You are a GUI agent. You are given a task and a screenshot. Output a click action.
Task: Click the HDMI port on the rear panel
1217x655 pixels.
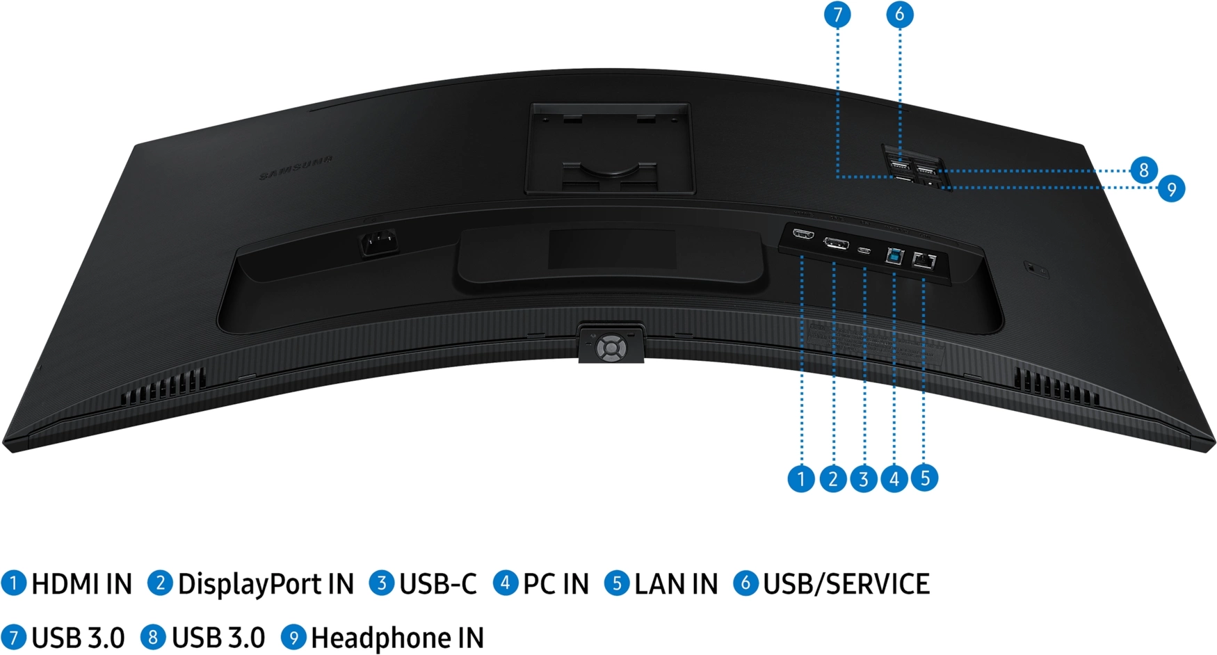click(803, 234)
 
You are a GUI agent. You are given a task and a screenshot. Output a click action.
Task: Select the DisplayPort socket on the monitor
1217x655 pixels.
click(835, 243)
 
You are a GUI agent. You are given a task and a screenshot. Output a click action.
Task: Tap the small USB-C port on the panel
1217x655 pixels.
click(864, 250)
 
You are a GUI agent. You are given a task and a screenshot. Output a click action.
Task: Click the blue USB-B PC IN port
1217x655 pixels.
click(894, 256)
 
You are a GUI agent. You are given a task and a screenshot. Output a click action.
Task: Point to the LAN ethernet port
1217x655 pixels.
click(924, 261)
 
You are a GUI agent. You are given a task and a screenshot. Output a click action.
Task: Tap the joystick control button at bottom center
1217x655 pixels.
click(611, 347)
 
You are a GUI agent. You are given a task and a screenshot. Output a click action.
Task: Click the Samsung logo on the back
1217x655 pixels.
click(296, 167)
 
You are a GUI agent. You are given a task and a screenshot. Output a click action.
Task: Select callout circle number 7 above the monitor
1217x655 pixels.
click(837, 15)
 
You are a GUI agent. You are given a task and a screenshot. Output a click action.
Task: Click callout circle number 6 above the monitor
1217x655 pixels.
click(900, 15)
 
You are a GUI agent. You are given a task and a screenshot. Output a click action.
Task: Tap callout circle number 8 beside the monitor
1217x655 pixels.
click(1144, 170)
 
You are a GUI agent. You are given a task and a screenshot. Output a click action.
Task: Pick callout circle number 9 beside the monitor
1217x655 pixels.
click(1172, 188)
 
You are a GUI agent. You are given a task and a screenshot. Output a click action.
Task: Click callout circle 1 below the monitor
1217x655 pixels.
click(801, 478)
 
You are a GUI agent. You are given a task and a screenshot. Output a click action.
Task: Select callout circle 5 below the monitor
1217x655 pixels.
click(924, 478)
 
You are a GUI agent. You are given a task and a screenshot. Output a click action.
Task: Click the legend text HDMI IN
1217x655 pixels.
click(81, 584)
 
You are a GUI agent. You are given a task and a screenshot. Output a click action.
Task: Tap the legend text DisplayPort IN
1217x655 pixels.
click(266, 584)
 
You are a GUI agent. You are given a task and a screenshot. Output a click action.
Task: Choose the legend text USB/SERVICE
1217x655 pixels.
click(846, 584)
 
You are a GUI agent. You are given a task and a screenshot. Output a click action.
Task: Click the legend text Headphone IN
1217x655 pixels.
click(397, 638)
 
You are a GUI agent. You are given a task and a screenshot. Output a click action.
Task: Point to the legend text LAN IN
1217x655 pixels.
click(676, 584)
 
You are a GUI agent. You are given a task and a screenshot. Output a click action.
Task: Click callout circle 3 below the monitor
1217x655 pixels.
click(864, 478)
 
